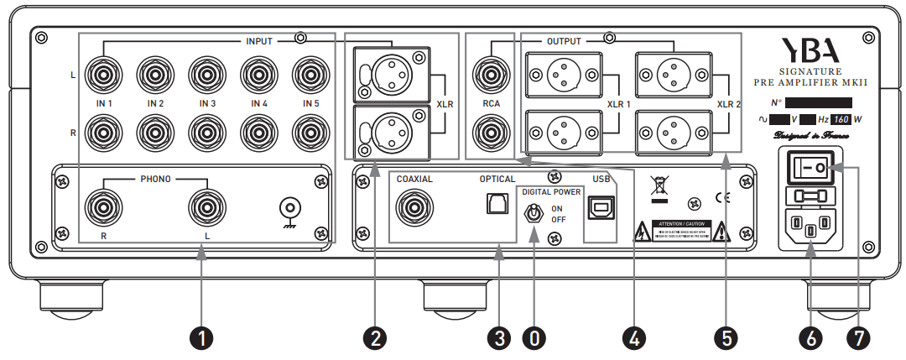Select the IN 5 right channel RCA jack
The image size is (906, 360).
(x=311, y=132)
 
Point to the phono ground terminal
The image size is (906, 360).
(x=290, y=206)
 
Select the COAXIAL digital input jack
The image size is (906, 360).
(x=414, y=206)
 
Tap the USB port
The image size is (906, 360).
(x=600, y=206)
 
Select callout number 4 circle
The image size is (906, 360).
(x=635, y=338)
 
